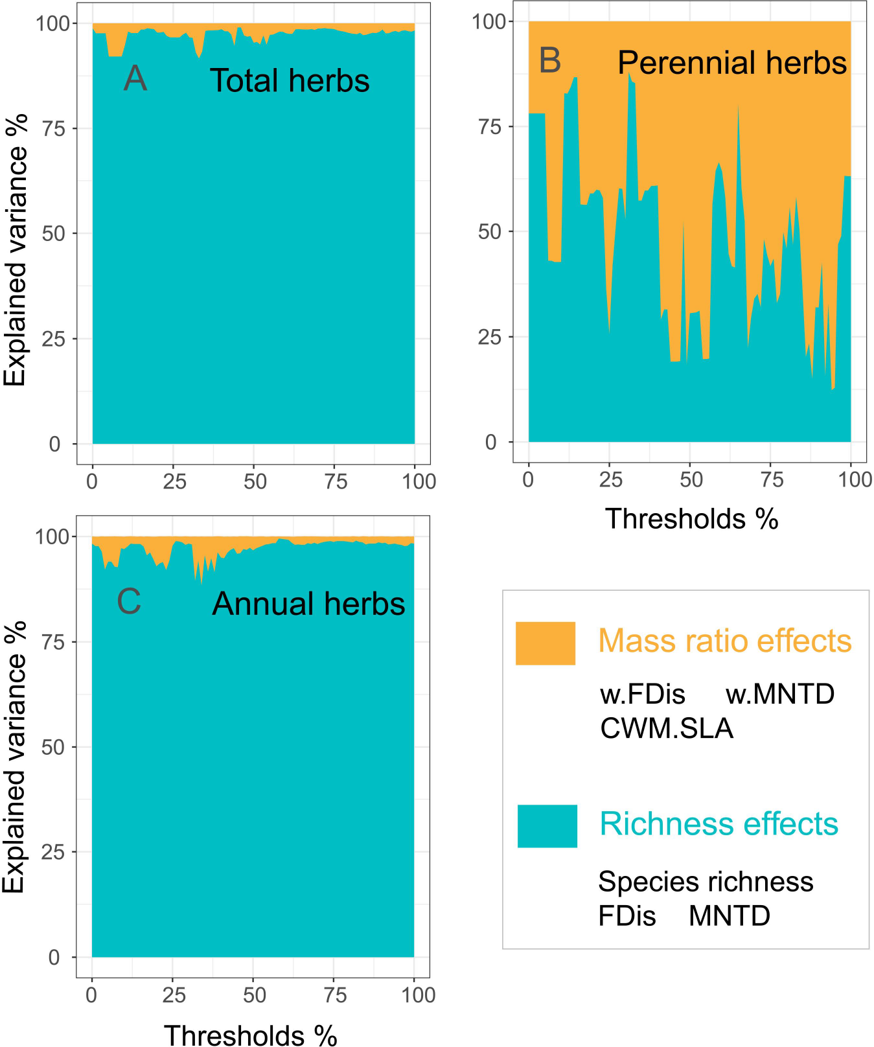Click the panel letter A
click(x=135, y=78)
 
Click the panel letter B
click(x=549, y=60)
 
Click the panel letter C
click(x=129, y=601)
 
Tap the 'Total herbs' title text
click(x=289, y=81)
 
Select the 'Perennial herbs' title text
click(x=731, y=63)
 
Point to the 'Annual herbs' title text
click(x=308, y=604)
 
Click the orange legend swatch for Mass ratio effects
click(x=545, y=643)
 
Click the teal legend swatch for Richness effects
click(x=547, y=826)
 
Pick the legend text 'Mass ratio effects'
click(x=724, y=641)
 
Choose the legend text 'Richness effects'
click(x=719, y=824)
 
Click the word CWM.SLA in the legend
click(x=666, y=728)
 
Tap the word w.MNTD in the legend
click(x=779, y=695)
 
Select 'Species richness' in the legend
click(x=705, y=882)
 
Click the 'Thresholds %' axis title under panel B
click(x=691, y=519)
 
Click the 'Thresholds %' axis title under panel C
click(x=250, y=1034)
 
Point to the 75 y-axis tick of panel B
click(x=490, y=126)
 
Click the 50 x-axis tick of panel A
click(x=255, y=481)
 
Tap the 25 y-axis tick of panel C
click(x=54, y=852)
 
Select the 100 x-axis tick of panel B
click(x=855, y=479)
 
